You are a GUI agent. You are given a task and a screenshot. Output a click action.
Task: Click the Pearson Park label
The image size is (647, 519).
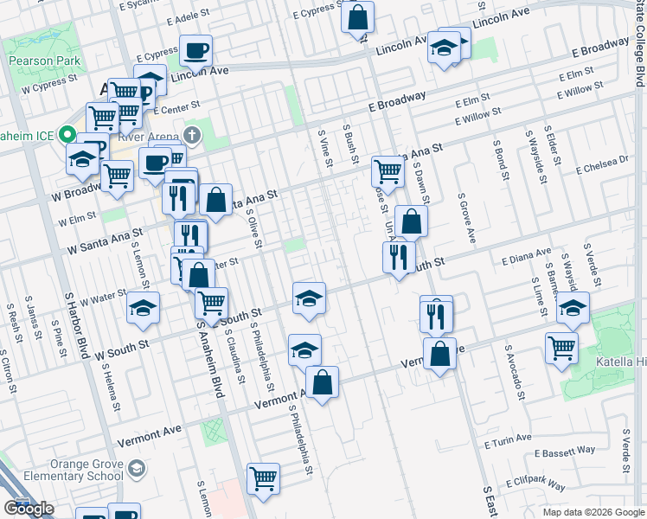44,61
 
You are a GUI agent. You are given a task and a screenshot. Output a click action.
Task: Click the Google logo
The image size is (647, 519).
29,509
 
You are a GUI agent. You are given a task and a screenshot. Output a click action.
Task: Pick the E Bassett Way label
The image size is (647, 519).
566,452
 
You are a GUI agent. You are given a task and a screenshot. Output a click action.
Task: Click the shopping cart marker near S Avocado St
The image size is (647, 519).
562,347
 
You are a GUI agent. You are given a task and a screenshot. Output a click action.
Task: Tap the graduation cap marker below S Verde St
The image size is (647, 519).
573,306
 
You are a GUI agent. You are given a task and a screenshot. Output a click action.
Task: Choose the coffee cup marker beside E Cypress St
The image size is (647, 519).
196,49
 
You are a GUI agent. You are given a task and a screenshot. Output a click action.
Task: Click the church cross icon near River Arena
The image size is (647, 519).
192,135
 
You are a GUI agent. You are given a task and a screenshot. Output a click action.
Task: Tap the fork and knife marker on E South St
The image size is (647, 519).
399,256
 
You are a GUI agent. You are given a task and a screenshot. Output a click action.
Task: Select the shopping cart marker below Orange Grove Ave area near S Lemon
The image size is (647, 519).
263,477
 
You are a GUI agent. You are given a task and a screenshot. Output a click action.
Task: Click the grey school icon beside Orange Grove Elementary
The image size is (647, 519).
136,470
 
